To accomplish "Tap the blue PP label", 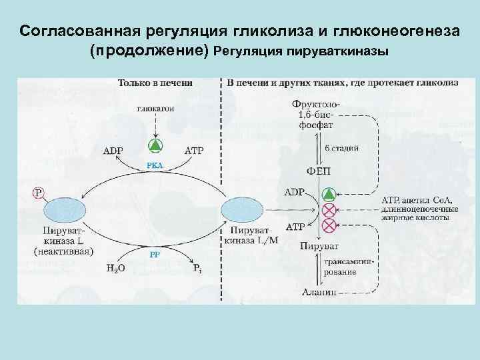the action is [155, 253].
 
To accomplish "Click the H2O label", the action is [115, 269].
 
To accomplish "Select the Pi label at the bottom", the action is [197, 269].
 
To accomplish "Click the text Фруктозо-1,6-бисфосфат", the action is [316, 114].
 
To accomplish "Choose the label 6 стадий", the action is [342, 148].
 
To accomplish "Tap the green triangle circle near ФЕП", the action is [328, 195].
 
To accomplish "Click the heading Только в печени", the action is [155, 83].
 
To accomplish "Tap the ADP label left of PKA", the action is [113, 150].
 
